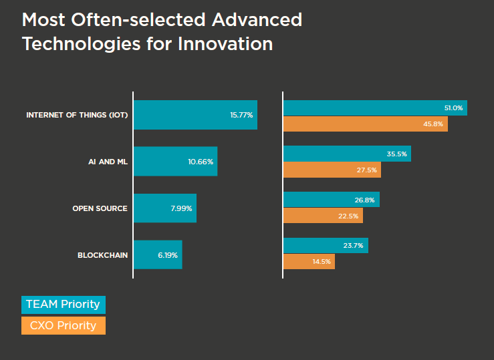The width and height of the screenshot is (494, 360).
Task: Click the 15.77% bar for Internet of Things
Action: click(195, 115)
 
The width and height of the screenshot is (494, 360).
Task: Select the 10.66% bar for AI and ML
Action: click(175, 161)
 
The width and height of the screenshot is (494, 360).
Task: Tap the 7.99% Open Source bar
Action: click(165, 208)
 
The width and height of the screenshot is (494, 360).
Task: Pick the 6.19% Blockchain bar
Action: click(158, 255)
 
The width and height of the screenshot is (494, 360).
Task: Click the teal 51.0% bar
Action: click(375, 108)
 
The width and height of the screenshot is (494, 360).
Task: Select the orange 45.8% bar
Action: click(366, 124)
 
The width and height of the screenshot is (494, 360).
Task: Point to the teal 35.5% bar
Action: click(347, 154)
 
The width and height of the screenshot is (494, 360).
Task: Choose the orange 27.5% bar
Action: click(333, 170)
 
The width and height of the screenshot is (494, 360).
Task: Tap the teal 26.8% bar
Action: click(332, 199)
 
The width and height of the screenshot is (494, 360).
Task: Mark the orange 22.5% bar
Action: click(323, 215)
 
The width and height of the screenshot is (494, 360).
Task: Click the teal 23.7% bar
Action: click(326, 245)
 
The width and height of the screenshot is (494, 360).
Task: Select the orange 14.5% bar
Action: click(309, 261)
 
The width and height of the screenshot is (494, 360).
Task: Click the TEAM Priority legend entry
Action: click(63, 305)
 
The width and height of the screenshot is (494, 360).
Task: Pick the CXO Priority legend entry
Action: click(63, 326)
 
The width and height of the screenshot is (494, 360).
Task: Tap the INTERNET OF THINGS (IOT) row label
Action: click(76, 115)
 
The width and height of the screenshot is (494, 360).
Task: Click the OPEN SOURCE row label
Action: click(100, 208)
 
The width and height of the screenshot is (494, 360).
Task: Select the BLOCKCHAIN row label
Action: click(102, 255)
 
